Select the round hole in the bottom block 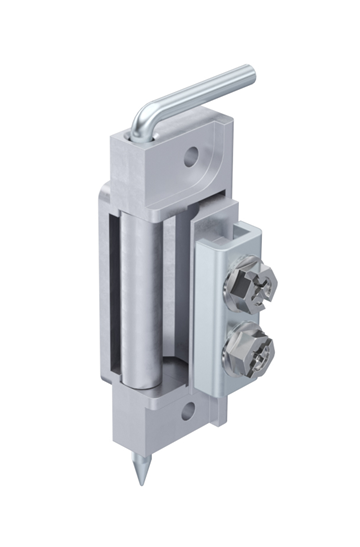(188, 408)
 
